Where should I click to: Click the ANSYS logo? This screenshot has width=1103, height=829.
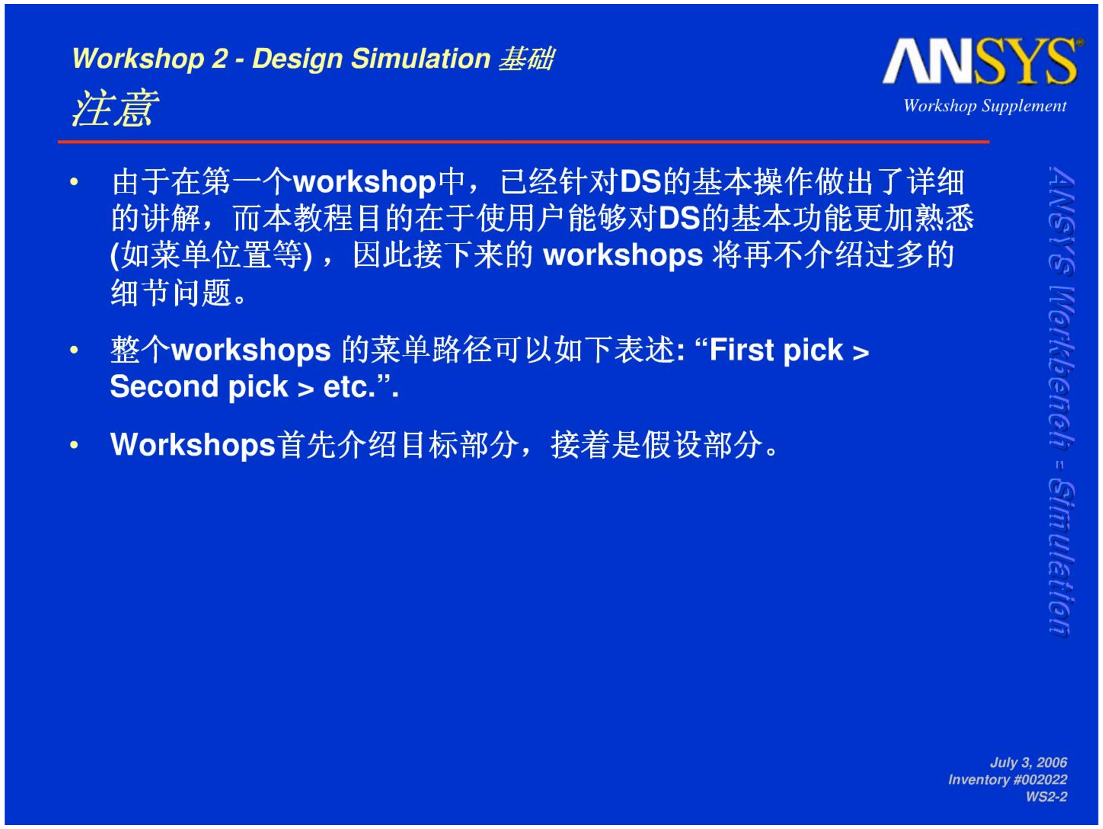[983, 61]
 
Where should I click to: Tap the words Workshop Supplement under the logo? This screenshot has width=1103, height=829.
[985, 106]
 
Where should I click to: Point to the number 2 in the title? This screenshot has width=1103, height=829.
[220, 59]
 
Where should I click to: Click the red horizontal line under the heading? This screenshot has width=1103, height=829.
[523, 141]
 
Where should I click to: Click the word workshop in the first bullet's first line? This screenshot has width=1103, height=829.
[365, 183]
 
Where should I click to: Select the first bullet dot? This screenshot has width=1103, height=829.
[73, 183]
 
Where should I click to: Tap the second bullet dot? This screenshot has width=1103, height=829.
[73, 350]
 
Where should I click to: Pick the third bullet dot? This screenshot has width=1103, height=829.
[73, 444]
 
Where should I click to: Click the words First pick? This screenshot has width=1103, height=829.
[776, 351]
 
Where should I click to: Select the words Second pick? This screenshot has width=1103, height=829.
[199, 387]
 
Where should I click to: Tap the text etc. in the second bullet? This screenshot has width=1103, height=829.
[349, 387]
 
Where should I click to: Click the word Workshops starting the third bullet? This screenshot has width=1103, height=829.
[193, 446]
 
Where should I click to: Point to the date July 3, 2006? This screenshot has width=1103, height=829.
[1028, 762]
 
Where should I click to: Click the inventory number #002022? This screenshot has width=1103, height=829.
[1040, 780]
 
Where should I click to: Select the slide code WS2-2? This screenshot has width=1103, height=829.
[1046, 797]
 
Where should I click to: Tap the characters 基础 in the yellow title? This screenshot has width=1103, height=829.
[526, 59]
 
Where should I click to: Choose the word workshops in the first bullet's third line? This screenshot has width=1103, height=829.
[623, 256]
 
